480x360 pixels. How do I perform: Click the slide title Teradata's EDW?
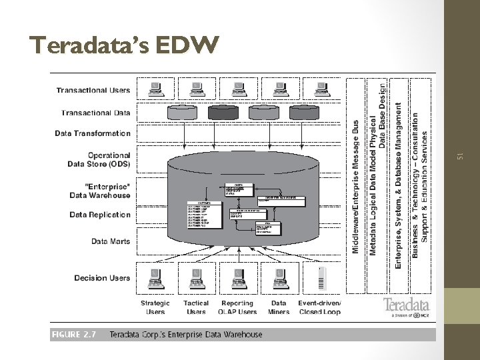click(124, 46)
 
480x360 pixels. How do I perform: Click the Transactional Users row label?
click(93, 90)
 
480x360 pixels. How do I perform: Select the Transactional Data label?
click(96, 113)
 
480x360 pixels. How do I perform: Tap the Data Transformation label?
click(93, 133)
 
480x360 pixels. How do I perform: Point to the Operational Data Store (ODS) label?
click(99, 159)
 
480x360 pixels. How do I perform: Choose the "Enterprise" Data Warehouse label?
click(99, 191)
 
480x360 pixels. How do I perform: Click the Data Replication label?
click(100, 215)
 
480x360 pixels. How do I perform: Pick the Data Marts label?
click(111, 241)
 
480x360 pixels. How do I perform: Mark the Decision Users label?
click(102, 278)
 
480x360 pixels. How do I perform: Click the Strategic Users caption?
click(155, 307)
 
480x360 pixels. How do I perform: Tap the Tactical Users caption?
click(196, 307)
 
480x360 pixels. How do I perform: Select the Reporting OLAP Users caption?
click(238, 307)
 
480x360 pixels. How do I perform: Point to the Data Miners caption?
click(279, 307)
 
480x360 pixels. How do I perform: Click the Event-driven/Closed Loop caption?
click(320, 307)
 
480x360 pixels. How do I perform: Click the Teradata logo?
click(406, 308)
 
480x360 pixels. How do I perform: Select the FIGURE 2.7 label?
click(73, 334)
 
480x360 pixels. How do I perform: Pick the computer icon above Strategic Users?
click(155, 277)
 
